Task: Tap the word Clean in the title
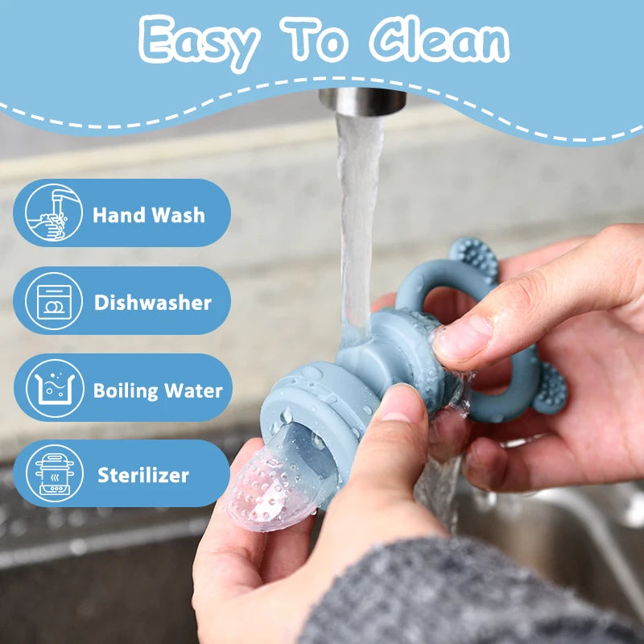pos(439,39)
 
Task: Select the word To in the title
pos(314,39)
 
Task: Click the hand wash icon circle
pos(53,213)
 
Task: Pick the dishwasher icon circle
pos(54,301)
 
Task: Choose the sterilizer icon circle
pos(55,473)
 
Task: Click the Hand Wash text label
pos(149,215)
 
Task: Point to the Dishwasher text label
pos(152,303)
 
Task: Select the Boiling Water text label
pos(158,390)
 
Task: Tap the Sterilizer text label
pos(143,475)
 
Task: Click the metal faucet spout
pos(362,101)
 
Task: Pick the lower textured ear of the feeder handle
pos(551,388)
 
